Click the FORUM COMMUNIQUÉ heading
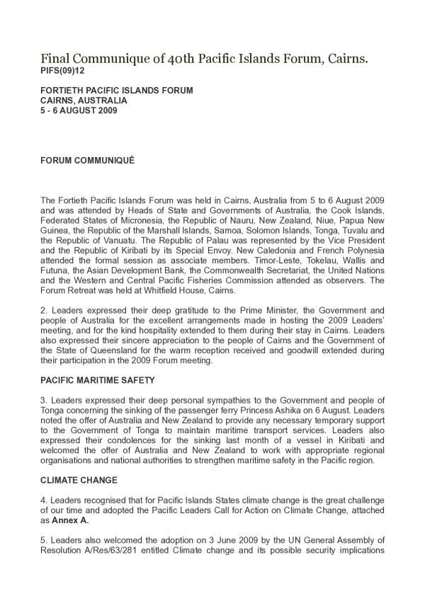(x=87, y=161)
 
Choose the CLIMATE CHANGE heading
(x=79, y=480)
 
